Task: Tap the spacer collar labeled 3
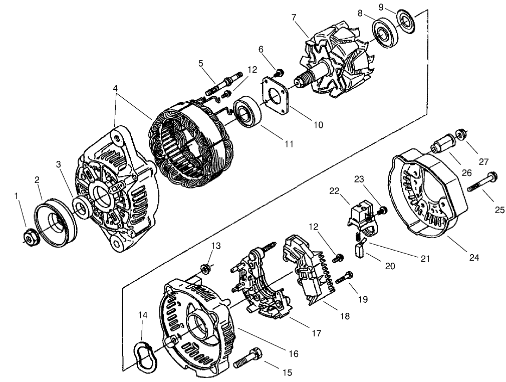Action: click(81, 205)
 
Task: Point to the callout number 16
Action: click(293, 354)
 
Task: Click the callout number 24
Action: click(474, 258)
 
